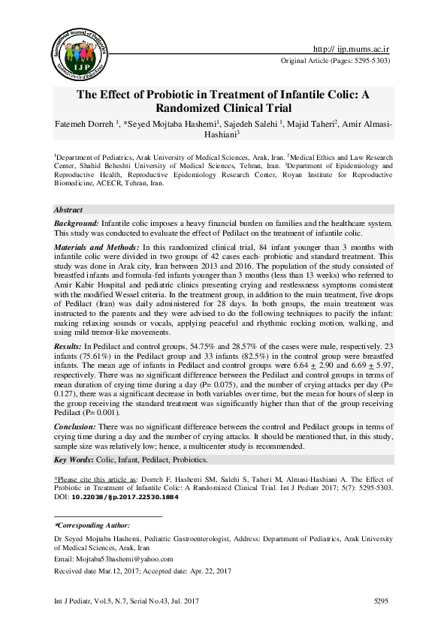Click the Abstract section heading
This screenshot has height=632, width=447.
tap(68, 210)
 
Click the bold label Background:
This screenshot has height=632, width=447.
tap(78, 224)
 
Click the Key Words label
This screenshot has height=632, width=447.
tap(77, 459)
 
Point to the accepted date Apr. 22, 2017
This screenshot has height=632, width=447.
tap(214, 572)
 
